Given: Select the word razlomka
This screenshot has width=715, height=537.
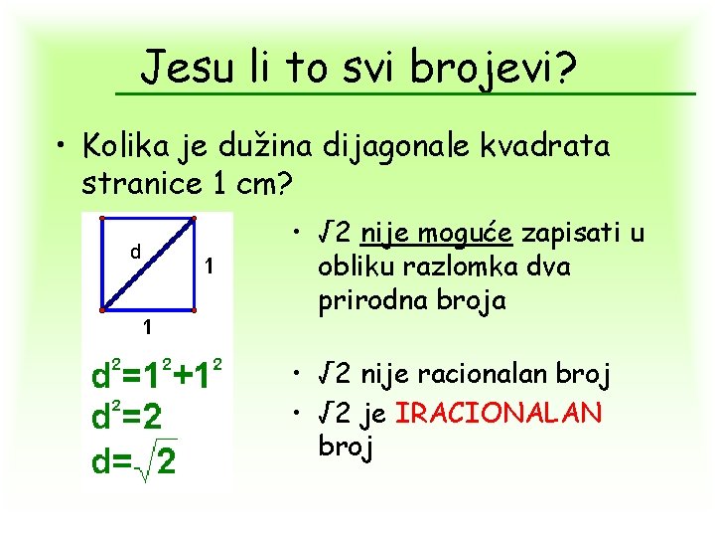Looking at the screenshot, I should click(x=456, y=268).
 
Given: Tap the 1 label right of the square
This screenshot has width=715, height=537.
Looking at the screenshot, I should click(x=209, y=267).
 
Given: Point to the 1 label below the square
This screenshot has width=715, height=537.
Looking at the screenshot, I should click(x=146, y=326).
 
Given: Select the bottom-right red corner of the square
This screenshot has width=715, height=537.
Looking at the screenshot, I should click(x=193, y=309).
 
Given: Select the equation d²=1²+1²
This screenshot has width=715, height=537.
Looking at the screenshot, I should click(x=155, y=377).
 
